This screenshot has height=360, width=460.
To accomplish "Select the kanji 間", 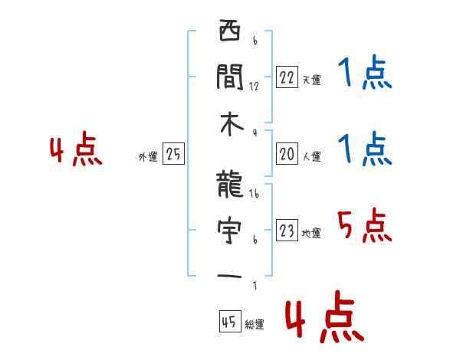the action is click(230, 76).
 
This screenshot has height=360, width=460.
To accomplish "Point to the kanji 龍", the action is click(230, 184).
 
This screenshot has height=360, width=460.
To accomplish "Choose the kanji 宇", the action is click(230, 229).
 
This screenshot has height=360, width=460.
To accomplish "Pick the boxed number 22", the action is click(287, 77).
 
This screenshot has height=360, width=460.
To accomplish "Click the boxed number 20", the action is click(287, 155).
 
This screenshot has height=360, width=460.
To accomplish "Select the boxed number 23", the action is click(287, 231).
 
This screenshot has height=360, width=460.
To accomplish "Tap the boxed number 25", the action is click(173, 155).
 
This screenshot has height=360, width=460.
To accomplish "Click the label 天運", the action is click(311, 80).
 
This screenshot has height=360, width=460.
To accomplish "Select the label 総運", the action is click(255, 325).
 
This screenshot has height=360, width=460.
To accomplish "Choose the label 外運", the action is click(148, 157).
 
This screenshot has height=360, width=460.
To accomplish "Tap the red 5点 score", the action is click(364, 225).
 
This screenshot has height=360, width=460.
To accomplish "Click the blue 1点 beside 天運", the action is click(364, 74).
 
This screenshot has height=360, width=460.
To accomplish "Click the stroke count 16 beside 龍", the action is click(254, 195).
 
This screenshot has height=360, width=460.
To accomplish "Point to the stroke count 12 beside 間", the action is click(254, 87).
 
